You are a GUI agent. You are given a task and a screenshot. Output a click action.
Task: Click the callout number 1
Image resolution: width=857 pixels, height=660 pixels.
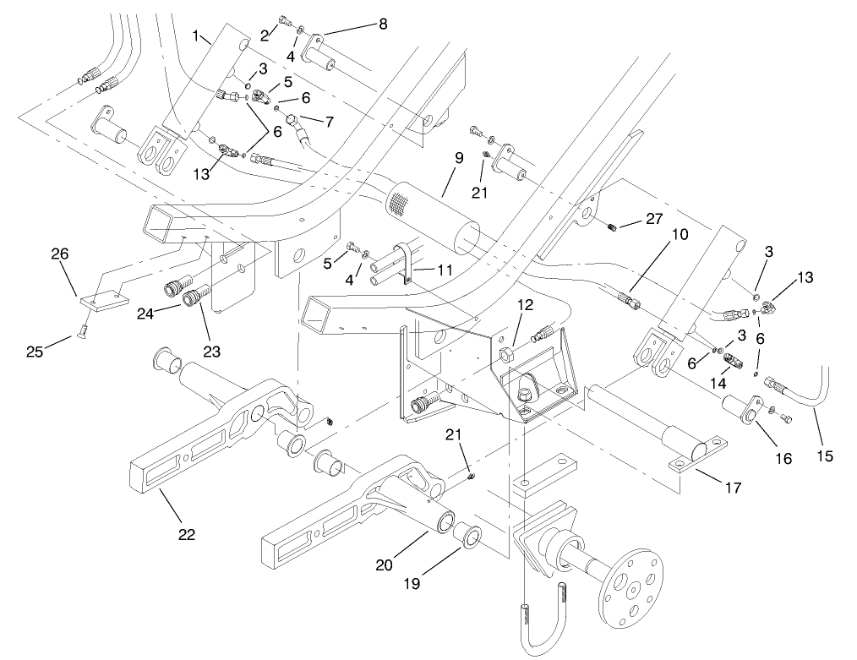196,36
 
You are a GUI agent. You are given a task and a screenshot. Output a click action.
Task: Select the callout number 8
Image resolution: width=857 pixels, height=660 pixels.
383,25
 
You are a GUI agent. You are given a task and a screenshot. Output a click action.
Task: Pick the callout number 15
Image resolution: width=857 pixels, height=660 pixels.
825,455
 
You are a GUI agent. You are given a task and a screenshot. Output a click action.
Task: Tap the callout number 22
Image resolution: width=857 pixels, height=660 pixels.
187,533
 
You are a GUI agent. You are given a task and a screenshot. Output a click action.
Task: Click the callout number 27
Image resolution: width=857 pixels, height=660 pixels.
654,219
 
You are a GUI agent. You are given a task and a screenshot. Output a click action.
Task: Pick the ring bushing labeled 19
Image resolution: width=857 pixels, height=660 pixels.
469,537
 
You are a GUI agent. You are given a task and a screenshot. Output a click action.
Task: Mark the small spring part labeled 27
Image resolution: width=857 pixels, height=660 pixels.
614,226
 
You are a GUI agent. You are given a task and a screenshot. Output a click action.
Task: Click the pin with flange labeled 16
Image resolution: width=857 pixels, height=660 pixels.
741,407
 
